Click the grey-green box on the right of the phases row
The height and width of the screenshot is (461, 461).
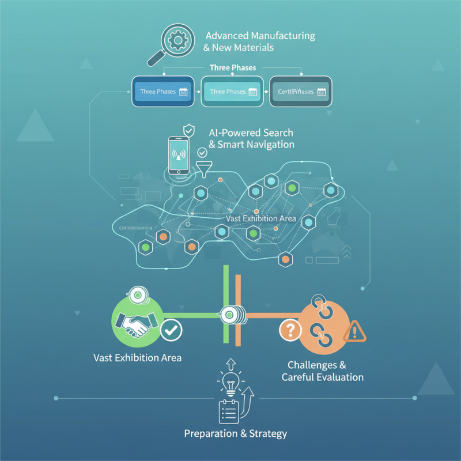pos(301,92)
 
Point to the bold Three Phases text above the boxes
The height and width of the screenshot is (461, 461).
pos(233,68)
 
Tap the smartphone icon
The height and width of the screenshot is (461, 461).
pos(179,154)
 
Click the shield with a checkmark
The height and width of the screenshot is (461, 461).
pos(188,130)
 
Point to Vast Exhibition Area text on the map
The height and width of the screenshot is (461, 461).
pos(261,218)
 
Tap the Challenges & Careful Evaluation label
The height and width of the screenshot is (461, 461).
pos(322,371)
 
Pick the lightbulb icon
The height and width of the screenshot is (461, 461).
pos(228,382)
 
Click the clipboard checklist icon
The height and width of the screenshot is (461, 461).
pos(229,410)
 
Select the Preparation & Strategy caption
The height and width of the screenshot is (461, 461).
pos(235,433)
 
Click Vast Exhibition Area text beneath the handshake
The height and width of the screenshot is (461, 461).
pos(137,358)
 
